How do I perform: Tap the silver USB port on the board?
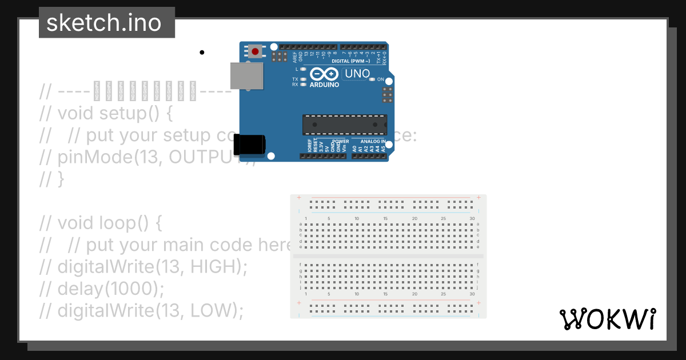coord(246,76)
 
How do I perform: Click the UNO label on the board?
coord(357,74)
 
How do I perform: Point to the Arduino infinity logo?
coord(324,74)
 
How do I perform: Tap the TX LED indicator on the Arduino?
coord(304,79)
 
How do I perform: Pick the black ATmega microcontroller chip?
coord(344,125)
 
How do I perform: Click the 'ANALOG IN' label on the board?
coord(372,141)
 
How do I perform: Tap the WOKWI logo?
coord(607,319)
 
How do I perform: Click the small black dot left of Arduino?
coord(202,53)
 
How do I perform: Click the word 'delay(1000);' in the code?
coord(110,289)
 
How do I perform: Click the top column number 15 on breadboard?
coord(385,219)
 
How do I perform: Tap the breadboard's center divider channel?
coord(388,256)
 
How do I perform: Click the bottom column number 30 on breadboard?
coord(472,294)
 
